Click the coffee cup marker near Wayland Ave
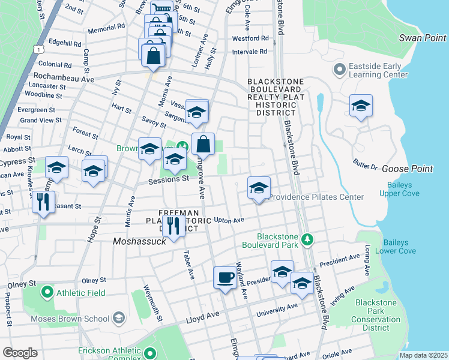tap(225, 278)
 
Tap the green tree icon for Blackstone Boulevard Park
tap(308, 240)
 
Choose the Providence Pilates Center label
tap(316, 197)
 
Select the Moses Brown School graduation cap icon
tap(119, 317)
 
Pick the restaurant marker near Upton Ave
tap(173, 226)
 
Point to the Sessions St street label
tap(169, 179)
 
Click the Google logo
tap(20, 353)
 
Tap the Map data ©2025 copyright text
tap(423, 355)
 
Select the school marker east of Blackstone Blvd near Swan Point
tap(361, 106)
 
